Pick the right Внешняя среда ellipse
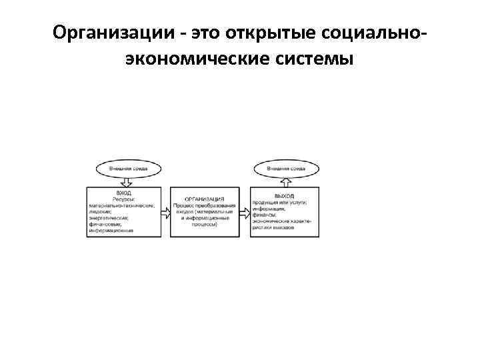286,169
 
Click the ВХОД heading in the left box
123,193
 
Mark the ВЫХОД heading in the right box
285,195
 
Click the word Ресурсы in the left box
123,199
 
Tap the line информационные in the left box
112,231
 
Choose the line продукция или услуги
280,201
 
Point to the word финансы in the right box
265,214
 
